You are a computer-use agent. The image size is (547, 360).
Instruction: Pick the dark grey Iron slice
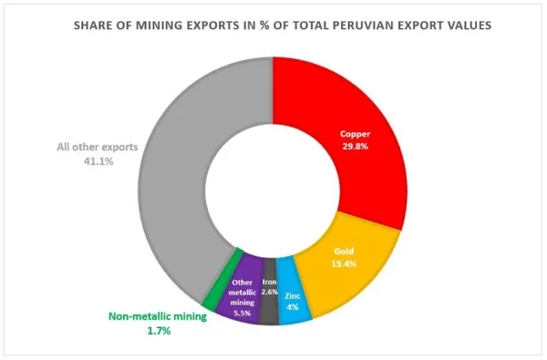point(268,310)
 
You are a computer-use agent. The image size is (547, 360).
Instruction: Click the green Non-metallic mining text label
point(152,317)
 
